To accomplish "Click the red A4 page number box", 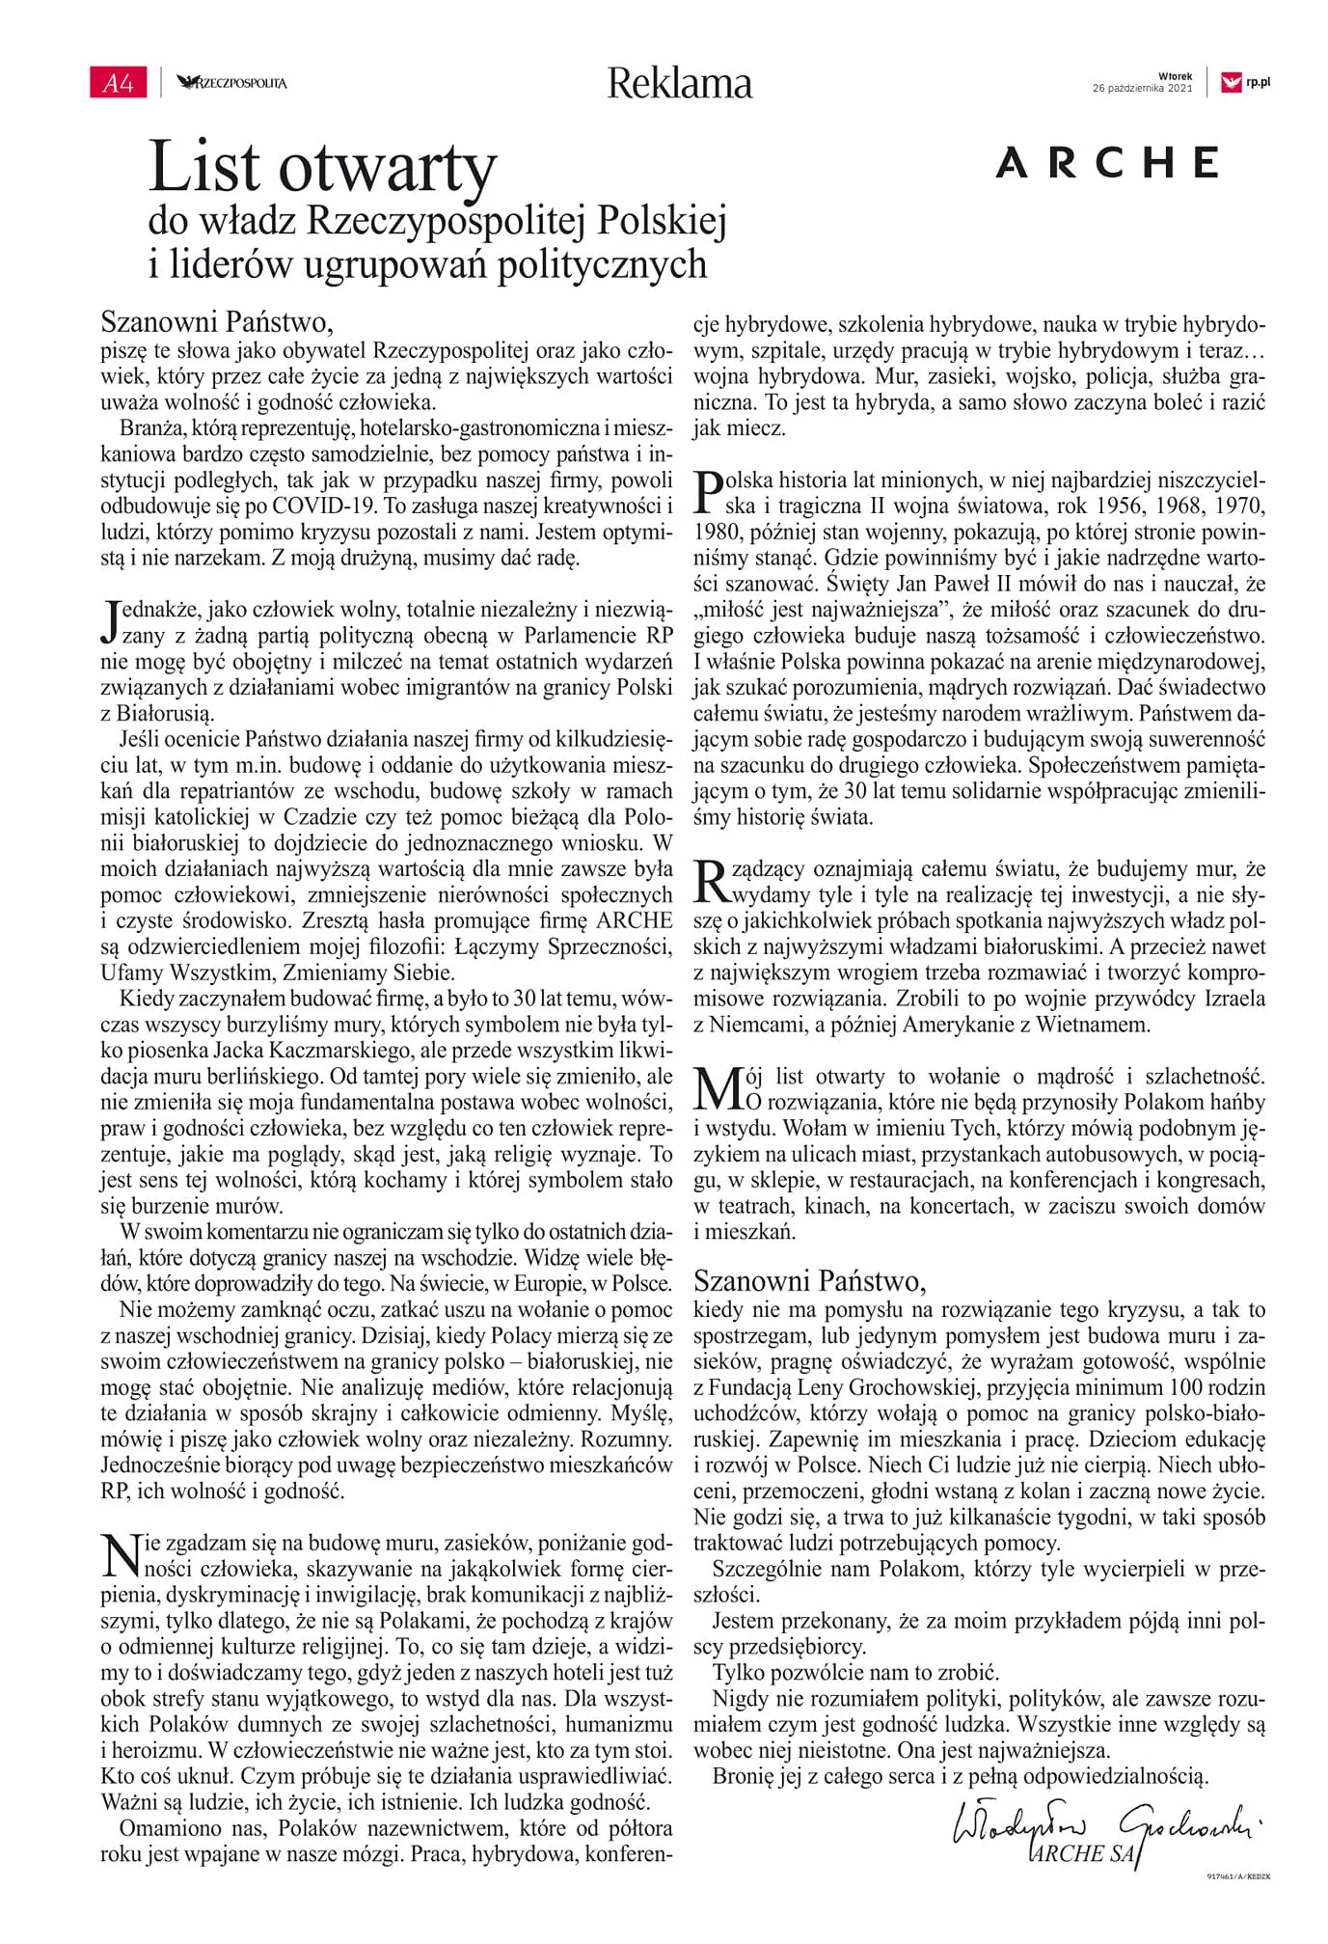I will (117, 83).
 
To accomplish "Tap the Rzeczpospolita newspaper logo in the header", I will (232, 83).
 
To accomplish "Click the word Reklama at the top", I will (679, 84).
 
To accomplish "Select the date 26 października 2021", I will (1142, 89).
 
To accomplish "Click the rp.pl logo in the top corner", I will (1245, 83).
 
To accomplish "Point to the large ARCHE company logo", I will (1107, 163).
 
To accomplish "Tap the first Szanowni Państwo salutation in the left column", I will (216, 321).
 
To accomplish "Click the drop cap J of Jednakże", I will (111, 621).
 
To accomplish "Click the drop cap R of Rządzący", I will (711, 881).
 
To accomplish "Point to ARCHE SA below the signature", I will (1081, 1853).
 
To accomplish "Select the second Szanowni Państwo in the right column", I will (809, 1280).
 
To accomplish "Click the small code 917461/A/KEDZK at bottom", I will (1238, 1876).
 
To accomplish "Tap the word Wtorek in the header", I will (1175, 76).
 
